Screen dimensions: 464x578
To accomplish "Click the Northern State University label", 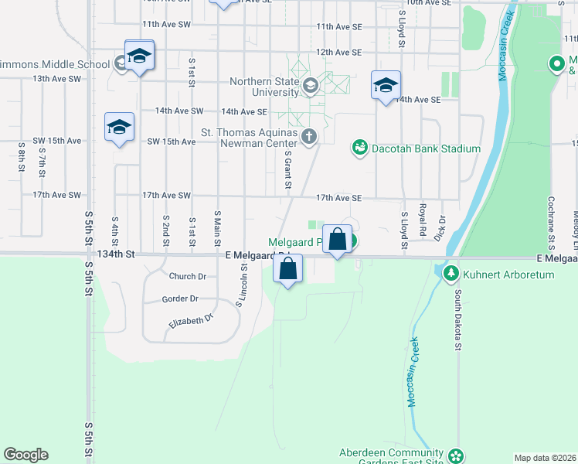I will click(x=265, y=86).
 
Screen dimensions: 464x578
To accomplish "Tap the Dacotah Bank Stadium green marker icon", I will click(x=359, y=147).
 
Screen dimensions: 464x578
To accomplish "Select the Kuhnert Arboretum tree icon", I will click(x=450, y=273).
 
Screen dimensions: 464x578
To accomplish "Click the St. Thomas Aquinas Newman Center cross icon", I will click(x=308, y=137).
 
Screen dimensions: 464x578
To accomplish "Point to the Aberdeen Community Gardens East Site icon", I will click(x=456, y=455).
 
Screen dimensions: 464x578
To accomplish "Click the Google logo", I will click(x=25, y=455).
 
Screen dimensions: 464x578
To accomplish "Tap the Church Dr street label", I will click(x=187, y=276).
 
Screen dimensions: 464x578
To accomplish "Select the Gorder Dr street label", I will click(x=180, y=299).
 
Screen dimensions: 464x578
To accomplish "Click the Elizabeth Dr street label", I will click(x=188, y=319).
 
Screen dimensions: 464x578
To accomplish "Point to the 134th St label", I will click(x=116, y=254).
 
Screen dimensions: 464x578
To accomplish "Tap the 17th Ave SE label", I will click(x=338, y=198).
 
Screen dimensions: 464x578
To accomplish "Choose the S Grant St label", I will click(x=287, y=169).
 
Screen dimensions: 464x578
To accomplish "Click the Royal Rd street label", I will click(x=423, y=220).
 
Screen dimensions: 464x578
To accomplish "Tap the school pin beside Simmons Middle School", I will click(x=139, y=56).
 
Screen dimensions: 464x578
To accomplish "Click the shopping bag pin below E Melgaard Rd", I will click(x=287, y=270).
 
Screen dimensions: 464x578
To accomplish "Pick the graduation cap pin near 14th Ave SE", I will click(x=385, y=85).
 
